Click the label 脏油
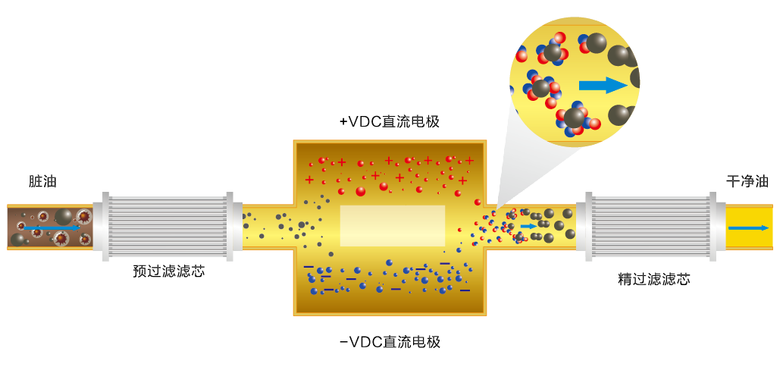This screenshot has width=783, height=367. tap(42, 182)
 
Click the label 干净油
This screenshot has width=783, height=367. tap(747, 182)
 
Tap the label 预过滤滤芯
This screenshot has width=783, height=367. tap(168, 271)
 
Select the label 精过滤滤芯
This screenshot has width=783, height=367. tap(654, 279)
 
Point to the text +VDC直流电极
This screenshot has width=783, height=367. tap(390, 121)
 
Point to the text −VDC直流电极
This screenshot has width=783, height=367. tap(390, 341)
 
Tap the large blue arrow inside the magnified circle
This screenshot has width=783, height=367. tap(603, 84)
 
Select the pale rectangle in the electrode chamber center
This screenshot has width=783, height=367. tap(392, 226)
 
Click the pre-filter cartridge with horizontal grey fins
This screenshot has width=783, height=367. tap(168, 225)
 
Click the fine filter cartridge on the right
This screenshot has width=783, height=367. tap(650, 225)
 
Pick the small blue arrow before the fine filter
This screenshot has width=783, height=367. tap(528, 226)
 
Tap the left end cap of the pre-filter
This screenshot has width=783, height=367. tap(99, 225)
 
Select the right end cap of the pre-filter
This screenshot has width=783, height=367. tap(235, 225)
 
